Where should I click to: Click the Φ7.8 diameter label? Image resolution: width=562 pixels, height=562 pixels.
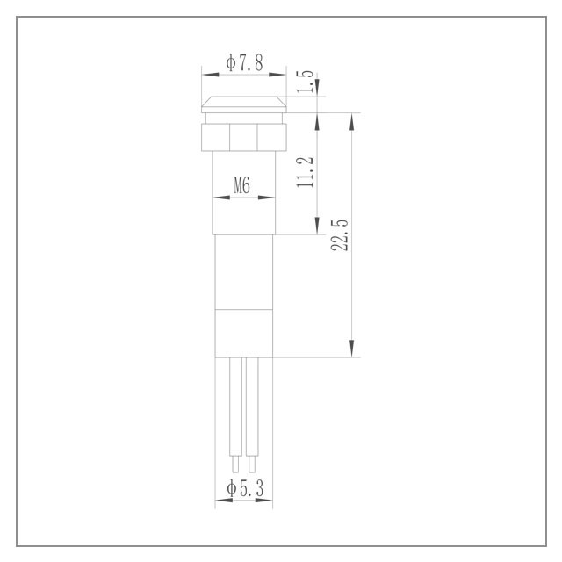[244, 62]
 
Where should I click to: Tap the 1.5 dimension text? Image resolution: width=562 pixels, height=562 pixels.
[305, 82]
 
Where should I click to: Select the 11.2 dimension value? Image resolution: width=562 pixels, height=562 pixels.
[305, 172]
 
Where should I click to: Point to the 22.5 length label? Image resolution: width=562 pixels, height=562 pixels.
[340, 234]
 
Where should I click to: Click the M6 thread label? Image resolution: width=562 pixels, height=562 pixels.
[242, 185]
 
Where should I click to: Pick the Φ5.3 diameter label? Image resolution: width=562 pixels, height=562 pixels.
[245, 488]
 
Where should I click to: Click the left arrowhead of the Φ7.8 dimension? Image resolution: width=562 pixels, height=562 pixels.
[211, 75]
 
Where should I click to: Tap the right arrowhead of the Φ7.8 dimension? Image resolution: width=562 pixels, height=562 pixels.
[277, 75]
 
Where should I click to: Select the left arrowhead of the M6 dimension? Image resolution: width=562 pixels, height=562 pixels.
[221, 197]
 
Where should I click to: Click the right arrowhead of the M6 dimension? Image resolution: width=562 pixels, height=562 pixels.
[267, 197]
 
